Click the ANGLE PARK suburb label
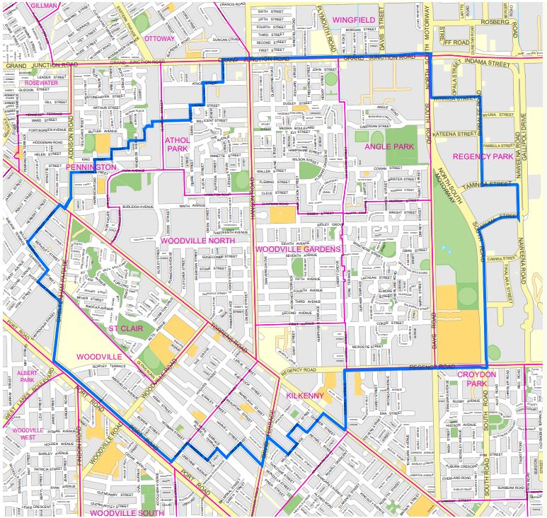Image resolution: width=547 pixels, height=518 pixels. [388, 146]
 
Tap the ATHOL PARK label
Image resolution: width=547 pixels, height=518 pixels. [178, 144]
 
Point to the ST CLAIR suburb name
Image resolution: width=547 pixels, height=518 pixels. [124, 329]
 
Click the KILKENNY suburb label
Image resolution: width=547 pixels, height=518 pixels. [304, 396]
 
